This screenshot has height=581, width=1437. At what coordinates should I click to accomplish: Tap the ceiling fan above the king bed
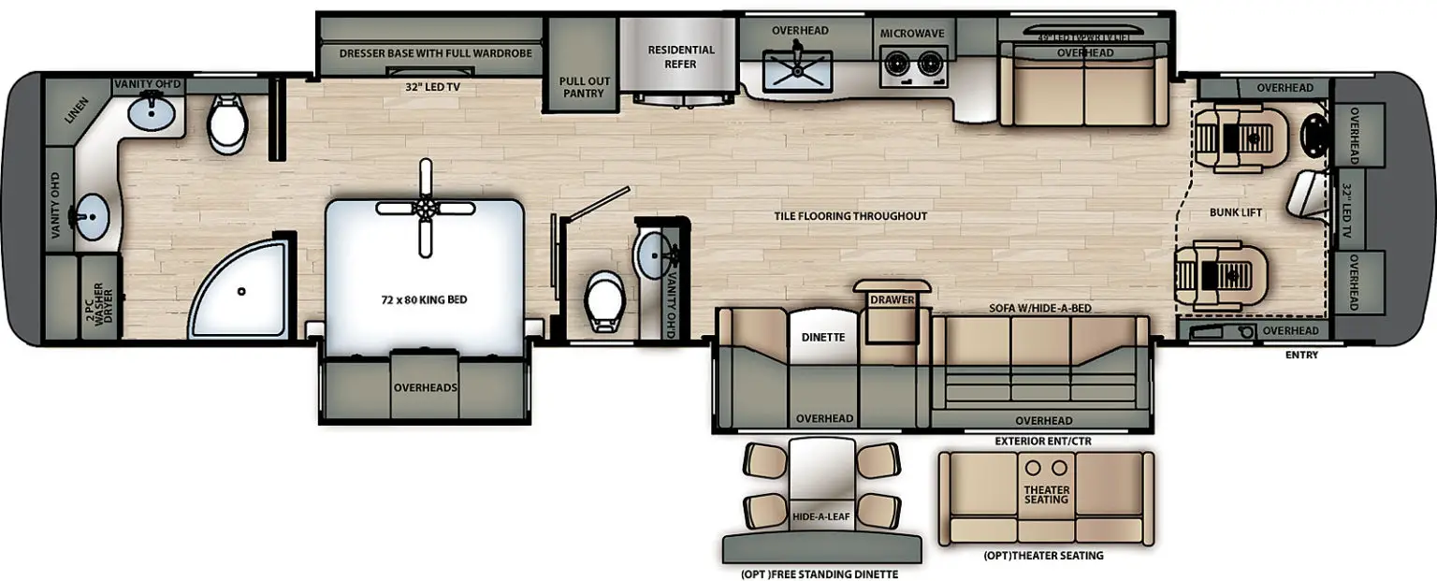[427, 208]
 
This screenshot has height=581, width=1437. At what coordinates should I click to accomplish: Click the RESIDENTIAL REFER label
[681, 57]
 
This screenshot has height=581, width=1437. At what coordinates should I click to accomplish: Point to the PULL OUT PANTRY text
[585, 87]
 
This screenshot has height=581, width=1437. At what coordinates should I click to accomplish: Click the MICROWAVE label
[911, 34]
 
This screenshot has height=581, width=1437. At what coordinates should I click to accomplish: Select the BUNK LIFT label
[1236, 213]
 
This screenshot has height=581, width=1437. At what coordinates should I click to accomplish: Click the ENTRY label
[1301, 355]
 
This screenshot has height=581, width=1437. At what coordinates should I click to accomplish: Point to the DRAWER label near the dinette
[891, 300]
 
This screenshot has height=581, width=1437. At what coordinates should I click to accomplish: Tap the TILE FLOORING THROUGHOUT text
[849, 216]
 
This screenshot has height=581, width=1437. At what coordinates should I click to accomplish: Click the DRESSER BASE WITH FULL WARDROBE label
[435, 53]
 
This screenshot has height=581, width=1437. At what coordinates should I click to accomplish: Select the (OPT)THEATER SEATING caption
[1043, 556]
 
